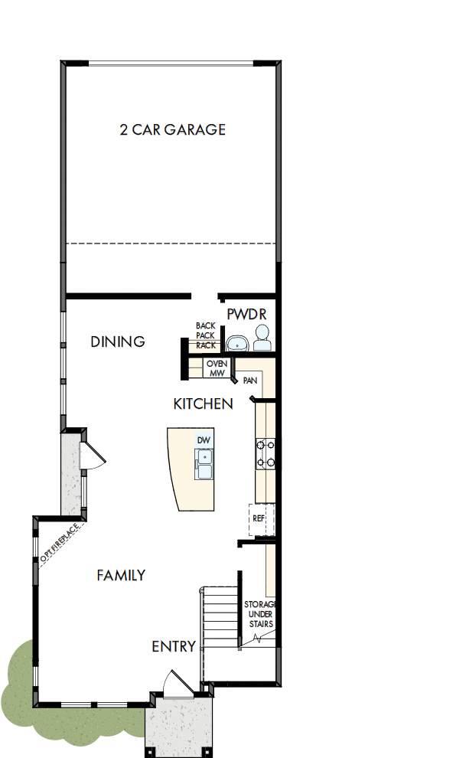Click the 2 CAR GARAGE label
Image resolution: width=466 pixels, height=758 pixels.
[172, 129]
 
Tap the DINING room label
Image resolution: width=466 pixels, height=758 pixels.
[118, 341]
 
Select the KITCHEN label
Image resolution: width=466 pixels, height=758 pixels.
[203, 404]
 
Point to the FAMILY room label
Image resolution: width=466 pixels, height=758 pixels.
[121, 575]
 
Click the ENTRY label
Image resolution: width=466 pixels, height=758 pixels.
[174, 646]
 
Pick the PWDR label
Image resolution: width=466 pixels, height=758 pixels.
[246, 315]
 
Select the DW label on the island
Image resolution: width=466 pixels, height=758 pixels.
[203, 440]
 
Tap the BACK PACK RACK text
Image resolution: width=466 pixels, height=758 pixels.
[205, 335]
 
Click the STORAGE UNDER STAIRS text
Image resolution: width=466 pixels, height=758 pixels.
[259, 614]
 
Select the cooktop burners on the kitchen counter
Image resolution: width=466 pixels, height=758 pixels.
[266, 452]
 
